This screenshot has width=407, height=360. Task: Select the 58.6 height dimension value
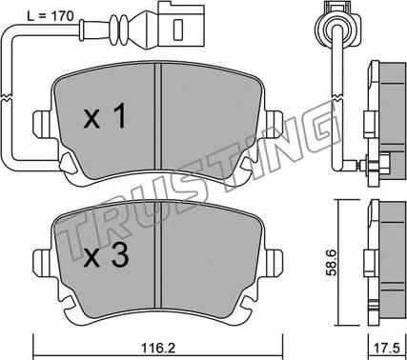click(x=333, y=262)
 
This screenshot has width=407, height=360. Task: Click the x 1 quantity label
click(x=105, y=117)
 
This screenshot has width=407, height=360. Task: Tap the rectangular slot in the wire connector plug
click(x=178, y=29)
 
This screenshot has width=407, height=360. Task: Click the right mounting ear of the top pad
click(x=272, y=124)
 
